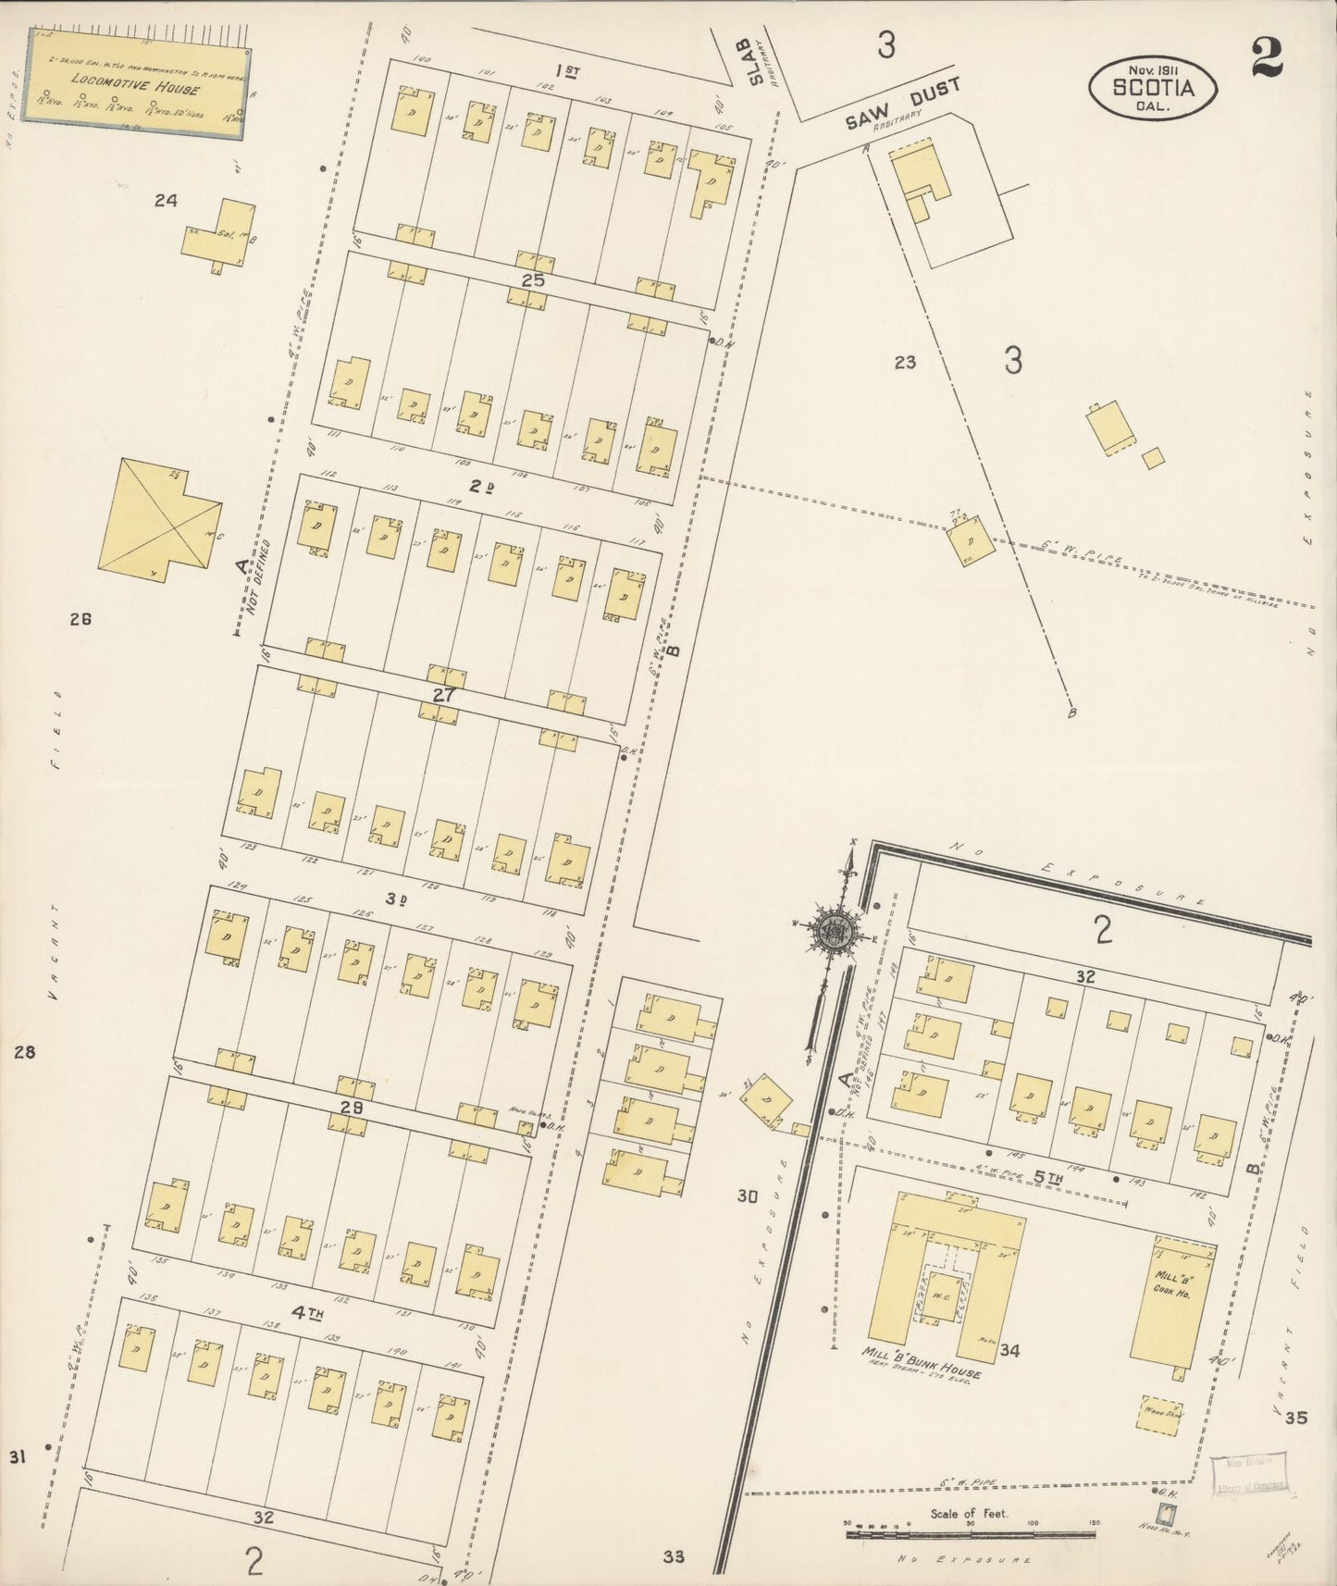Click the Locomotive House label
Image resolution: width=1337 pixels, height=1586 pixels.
[x=134, y=90]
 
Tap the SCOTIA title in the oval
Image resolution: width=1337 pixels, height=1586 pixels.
[x=1152, y=89]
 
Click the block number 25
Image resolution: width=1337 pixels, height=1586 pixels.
[x=533, y=279]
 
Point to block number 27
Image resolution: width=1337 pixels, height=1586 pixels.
[x=445, y=694]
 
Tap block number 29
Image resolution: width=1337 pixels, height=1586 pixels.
[x=351, y=1109]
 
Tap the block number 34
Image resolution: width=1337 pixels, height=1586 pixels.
[x=1009, y=1351]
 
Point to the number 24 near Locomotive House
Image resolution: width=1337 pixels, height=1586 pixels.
[x=166, y=199]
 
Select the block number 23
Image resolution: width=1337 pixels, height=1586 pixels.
[x=904, y=363]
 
